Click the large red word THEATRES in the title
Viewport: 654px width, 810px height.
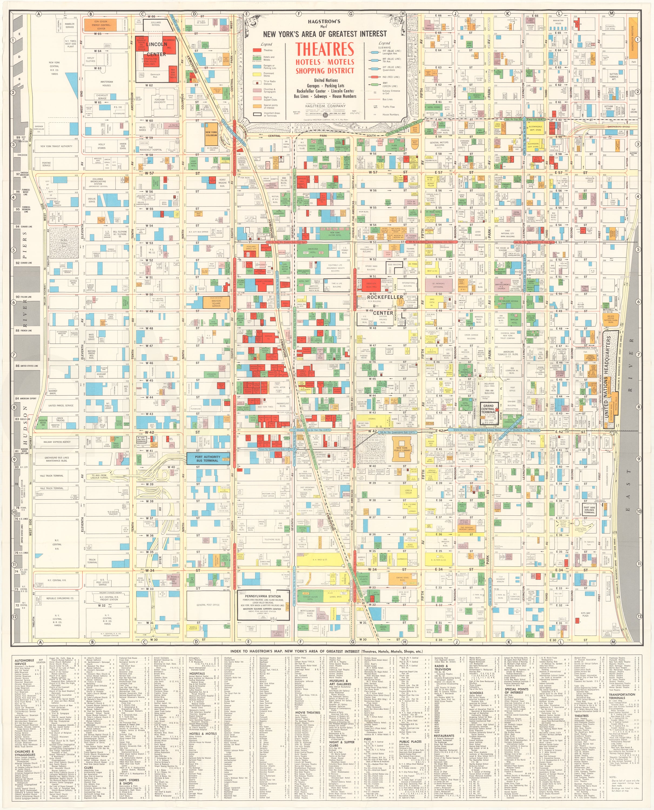(x=324, y=49)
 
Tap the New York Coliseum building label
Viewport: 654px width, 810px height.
(x=211, y=134)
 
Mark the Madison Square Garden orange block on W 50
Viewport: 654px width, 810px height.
(x=216, y=303)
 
